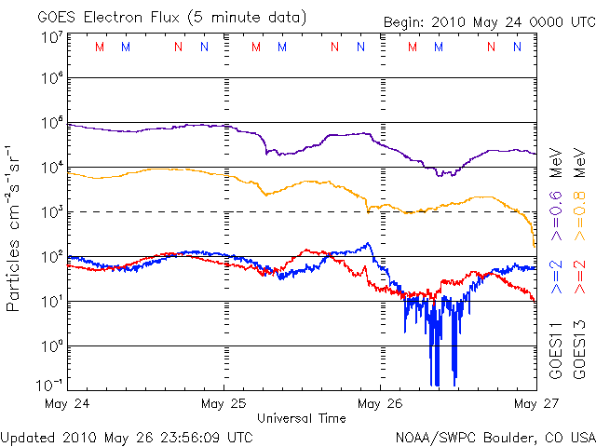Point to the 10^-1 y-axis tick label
(49, 385)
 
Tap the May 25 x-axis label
(223, 404)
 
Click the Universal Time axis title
(302, 418)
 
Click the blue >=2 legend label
(555, 277)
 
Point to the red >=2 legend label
(577, 277)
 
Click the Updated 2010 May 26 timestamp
(127, 436)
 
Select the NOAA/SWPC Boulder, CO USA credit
(494, 436)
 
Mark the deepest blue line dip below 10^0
(435, 384)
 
